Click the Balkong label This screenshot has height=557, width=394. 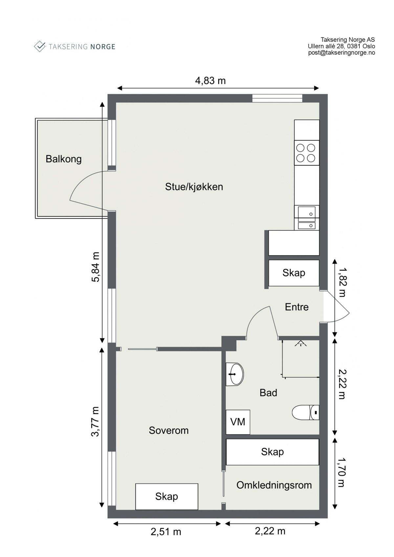[63, 159]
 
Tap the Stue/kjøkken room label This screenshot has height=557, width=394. [194, 187]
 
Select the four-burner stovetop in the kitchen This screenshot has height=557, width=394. [306, 153]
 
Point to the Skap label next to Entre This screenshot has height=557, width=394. [294, 273]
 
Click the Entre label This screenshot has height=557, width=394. [296, 307]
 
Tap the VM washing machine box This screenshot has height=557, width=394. [238, 422]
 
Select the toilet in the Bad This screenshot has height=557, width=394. [305, 413]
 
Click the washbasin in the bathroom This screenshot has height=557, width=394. [235, 374]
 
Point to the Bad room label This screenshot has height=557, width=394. [268, 393]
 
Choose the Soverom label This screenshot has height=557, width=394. [168, 430]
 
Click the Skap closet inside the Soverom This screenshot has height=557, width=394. [166, 496]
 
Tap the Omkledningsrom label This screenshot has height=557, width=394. [274, 485]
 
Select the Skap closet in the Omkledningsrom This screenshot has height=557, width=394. [272, 452]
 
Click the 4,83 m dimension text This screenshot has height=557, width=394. [210, 80]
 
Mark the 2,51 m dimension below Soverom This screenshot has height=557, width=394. [166, 531]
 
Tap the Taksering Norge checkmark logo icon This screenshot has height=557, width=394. [40, 46]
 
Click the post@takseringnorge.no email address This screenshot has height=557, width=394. [341, 53]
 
